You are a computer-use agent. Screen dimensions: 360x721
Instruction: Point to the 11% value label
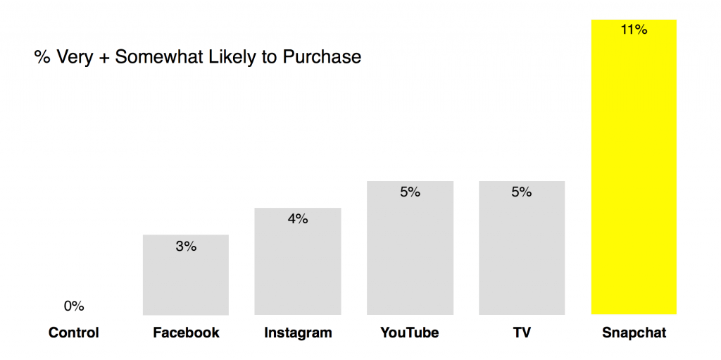coord(634,30)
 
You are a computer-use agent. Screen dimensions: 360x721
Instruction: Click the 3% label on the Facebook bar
coord(186,247)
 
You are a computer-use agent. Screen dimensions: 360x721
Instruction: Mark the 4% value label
coord(298,219)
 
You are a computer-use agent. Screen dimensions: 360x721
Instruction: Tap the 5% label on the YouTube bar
coord(410,192)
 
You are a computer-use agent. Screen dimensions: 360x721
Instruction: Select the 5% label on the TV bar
coord(522,192)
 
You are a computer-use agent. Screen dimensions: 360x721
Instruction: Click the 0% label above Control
coord(74,306)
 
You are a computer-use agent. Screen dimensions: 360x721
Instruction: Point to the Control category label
coord(74,333)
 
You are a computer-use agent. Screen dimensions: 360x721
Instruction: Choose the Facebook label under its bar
coord(186,333)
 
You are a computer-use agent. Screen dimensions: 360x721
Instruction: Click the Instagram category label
coord(298,333)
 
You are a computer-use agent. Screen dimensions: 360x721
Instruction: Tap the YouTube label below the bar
coord(410,333)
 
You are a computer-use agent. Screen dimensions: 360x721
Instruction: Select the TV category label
coord(522,333)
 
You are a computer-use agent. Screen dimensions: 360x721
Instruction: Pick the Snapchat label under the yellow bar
coord(634,333)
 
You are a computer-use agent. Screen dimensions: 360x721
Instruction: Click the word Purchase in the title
coord(322,57)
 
